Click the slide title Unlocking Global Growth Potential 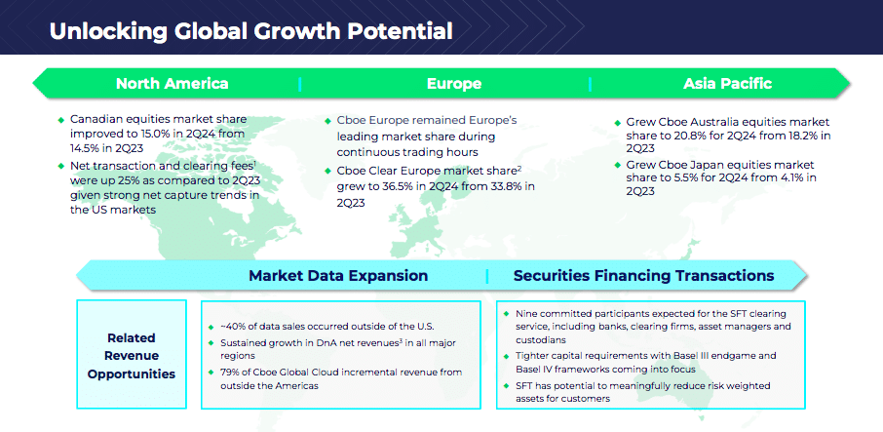tap(250, 31)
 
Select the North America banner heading tap(172, 84)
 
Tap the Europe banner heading tap(454, 84)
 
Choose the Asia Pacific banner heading tap(728, 84)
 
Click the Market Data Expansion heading tap(338, 276)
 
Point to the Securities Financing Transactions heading tap(643, 276)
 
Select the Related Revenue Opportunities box tap(132, 354)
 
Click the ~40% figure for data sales tap(231, 327)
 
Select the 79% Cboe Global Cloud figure tap(229, 373)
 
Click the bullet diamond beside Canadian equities tap(60, 120)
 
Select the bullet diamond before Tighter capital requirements tap(505, 356)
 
